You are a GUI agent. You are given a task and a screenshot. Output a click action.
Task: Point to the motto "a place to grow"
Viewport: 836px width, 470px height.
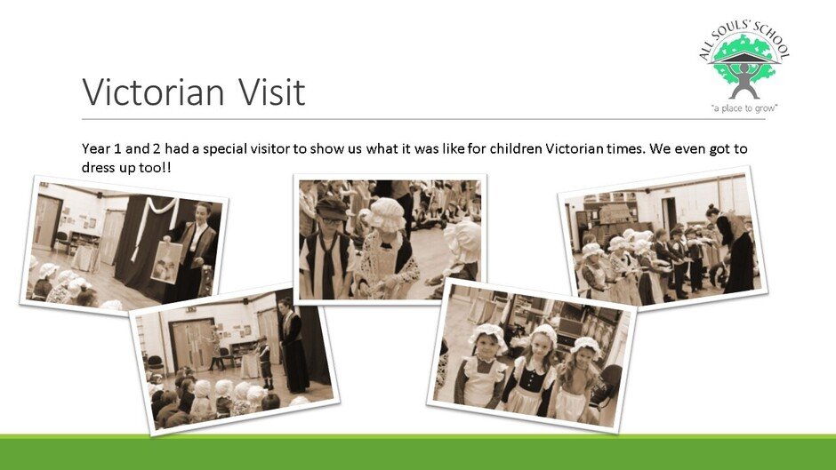(744, 108)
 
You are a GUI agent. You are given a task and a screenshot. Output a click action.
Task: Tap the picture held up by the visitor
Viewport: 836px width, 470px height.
(166, 261)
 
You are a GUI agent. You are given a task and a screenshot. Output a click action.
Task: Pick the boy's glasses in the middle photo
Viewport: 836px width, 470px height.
(332, 220)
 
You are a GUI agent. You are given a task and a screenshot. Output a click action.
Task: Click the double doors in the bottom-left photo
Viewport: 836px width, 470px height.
(192, 344)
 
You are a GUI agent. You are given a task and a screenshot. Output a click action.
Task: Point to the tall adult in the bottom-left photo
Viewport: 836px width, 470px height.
(293, 346)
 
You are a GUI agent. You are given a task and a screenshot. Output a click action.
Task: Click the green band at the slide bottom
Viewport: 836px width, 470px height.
(418, 452)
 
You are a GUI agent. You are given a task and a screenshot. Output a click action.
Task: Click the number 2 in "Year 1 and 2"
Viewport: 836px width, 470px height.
(158, 148)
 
